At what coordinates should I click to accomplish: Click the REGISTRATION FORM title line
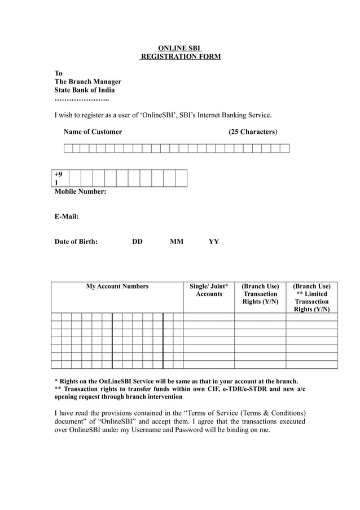tap(180, 56)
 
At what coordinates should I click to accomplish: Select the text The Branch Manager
tap(87, 81)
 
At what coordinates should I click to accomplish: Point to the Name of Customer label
tap(93, 132)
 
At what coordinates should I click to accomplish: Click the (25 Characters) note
tap(252, 132)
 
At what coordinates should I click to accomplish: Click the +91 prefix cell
tap(58, 178)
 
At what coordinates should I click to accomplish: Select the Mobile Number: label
tap(80, 191)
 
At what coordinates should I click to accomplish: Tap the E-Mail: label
tap(66, 216)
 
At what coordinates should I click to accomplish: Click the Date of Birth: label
tap(76, 242)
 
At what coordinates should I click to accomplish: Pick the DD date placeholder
tap(137, 242)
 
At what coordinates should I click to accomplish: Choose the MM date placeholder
tap(177, 242)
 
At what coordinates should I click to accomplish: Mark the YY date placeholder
tap(214, 242)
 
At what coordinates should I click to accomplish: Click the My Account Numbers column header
tap(117, 286)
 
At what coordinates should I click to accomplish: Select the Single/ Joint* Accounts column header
tap(209, 290)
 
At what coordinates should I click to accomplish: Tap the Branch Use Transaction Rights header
tap(260, 294)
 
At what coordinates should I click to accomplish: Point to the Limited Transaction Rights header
tap(311, 298)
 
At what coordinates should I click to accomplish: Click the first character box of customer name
tap(68, 149)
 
